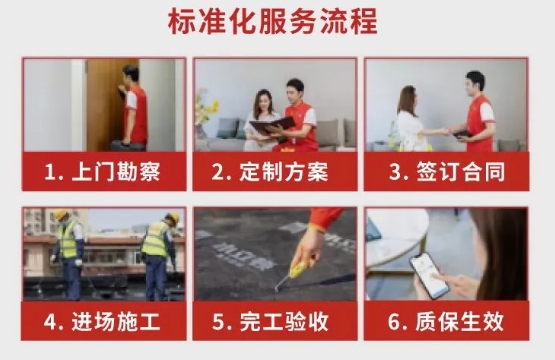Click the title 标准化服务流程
coord(277,22)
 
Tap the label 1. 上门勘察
coord(103,171)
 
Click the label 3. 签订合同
coord(446,171)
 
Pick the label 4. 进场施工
coord(103,322)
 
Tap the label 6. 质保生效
coord(446,322)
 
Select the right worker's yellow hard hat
coord(171,218)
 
